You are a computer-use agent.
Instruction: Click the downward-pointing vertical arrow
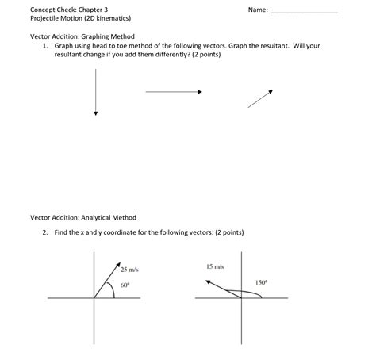pyautogui.click(x=95, y=93)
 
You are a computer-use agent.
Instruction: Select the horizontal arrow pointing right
pyautogui.click(x=174, y=92)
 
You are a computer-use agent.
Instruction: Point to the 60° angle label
pyautogui.click(x=125, y=284)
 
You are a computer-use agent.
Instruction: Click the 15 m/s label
pyautogui.click(x=215, y=267)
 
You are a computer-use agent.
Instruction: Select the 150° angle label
pyautogui.click(x=262, y=281)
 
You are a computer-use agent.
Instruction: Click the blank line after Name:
pyautogui.click(x=304, y=12)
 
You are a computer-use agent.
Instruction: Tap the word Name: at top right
pyautogui.click(x=258, y=10)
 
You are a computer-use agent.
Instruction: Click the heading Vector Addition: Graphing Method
pyautogui.click(x=82, y=36)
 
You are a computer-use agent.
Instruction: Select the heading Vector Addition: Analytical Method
pyautogui.click(x=83, y=217)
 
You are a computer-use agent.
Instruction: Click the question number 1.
pyautogui.click(x=46, y=46)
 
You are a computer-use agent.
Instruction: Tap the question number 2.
pyautogui.click(x=46, y=232)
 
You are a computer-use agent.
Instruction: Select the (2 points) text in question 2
pyautogui.click(x=230, y=232)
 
